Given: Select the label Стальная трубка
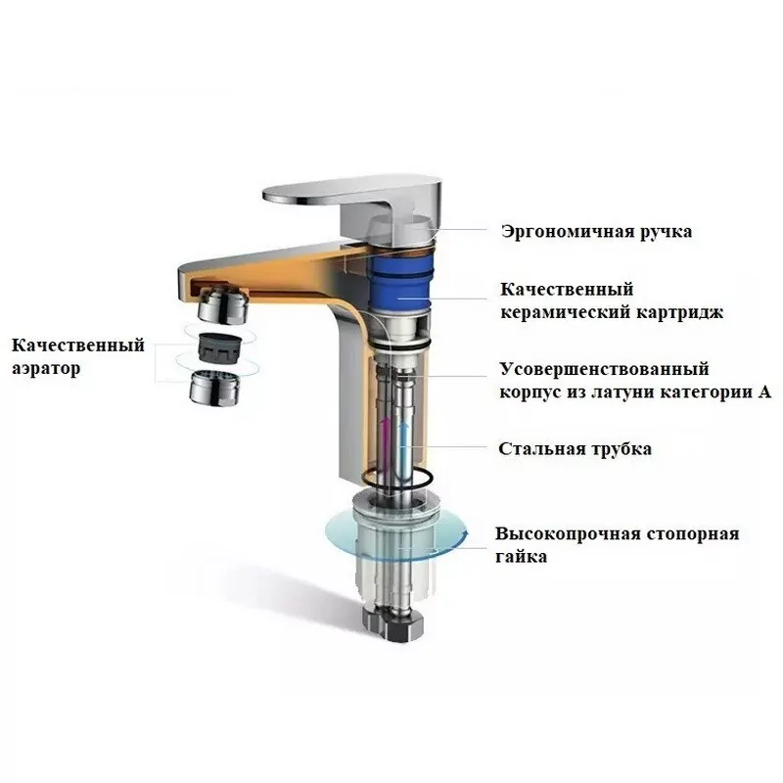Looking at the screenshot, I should coord(575,449).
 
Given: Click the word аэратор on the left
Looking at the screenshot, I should coord(47,369).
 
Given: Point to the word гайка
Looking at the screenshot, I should coord(521,557).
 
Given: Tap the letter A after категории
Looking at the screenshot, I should coord(764,393).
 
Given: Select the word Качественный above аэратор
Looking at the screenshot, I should coord(78,345).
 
